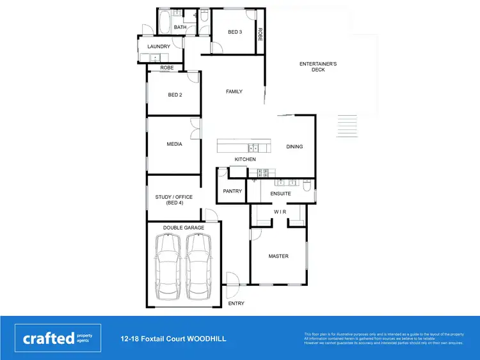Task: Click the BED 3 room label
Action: (235, 32)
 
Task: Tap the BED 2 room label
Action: (175, 95)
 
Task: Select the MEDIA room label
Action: (175, 144)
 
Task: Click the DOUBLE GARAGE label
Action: (184, 228)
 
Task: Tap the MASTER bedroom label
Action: (278, 256)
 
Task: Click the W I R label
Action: (280, 212)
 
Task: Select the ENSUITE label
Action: (280, 193)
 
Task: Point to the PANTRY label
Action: (232, 191)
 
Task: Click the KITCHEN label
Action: (245, 159)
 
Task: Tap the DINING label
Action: (294, 146)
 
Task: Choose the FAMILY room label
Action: (234, 91)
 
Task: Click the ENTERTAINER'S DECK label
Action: (318, 67)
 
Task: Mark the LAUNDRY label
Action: (159, 47)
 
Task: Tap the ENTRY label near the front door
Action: (236, 303)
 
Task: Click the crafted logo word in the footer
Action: (49, 338)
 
